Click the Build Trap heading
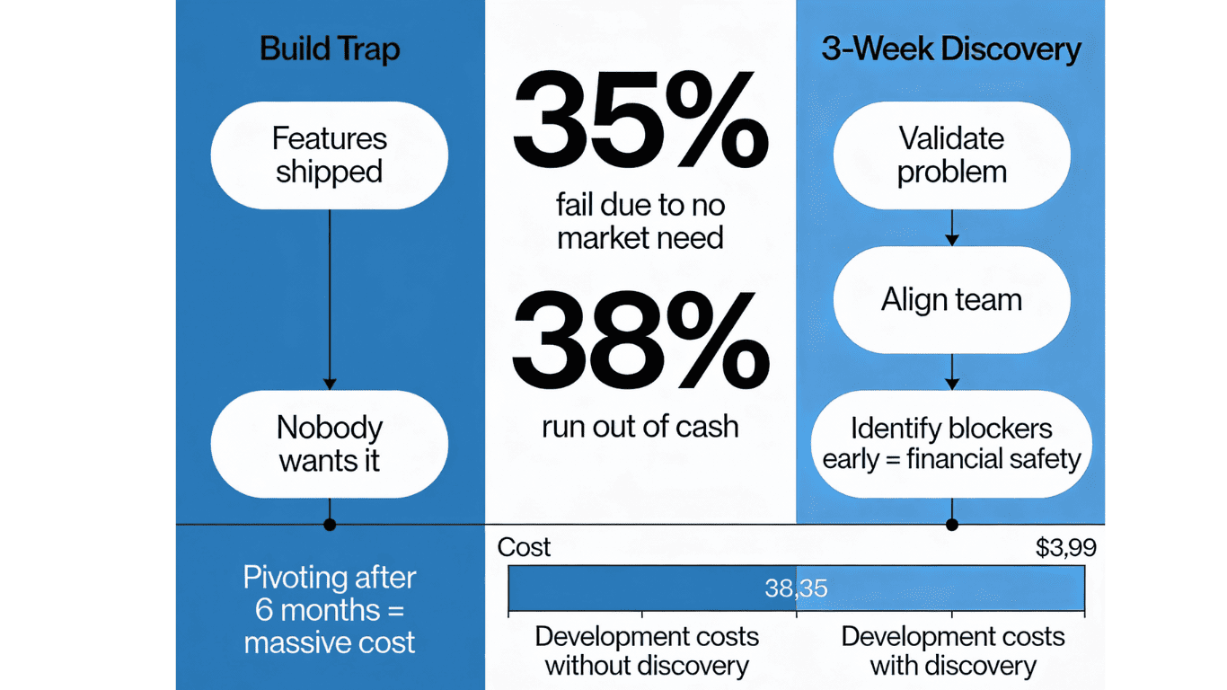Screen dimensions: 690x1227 click(x=330, y=49)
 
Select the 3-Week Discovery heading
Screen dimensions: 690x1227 click(x=951, y=49)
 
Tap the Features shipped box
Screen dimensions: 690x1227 click(x=330, y=155)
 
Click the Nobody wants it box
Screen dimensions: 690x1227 click(x=330, y=444)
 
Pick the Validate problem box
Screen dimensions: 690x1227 click(x=952, y=155)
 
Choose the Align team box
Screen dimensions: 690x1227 click(x=952, y=299)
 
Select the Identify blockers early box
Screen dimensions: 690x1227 click(x=952, y=444)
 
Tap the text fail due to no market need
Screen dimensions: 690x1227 click(x=640, y=222)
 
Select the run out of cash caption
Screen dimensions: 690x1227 click(x=640, y=426)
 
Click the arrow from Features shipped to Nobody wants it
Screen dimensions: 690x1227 click(x=330, y=296)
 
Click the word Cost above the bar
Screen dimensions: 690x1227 click(x=524, y=547)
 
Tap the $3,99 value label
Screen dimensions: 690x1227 click(x=1066, y=548)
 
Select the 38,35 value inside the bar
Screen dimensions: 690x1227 click(x=796, y=588)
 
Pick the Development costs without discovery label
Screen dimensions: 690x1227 click(x=647, y=651)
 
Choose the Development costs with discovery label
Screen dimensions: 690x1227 click(x=953, y=651)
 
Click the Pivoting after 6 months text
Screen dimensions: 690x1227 click(x=330, y=610)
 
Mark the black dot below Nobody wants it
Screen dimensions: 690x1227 click(x=330, y=524)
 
